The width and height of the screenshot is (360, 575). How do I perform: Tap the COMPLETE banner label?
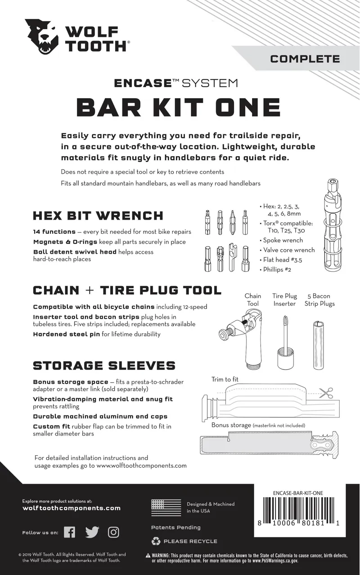point(305,58)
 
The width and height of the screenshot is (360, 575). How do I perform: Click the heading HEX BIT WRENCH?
point(98,216)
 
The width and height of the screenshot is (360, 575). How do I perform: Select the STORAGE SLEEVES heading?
point(104,365)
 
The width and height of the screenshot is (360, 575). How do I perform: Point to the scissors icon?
point(326,393)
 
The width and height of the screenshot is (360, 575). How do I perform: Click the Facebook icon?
point(69,532)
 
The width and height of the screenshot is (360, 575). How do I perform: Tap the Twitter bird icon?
point(92,532)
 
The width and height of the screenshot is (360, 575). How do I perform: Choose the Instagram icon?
point(113,532)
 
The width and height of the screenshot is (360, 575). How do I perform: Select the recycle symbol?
point(156,541)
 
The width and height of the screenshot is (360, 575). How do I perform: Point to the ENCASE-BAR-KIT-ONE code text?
point(297,493)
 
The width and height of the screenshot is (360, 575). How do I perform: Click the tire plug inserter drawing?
point(283,342)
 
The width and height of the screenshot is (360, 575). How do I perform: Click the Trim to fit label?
point(225,380)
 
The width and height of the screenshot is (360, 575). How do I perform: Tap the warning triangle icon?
point(148,556)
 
